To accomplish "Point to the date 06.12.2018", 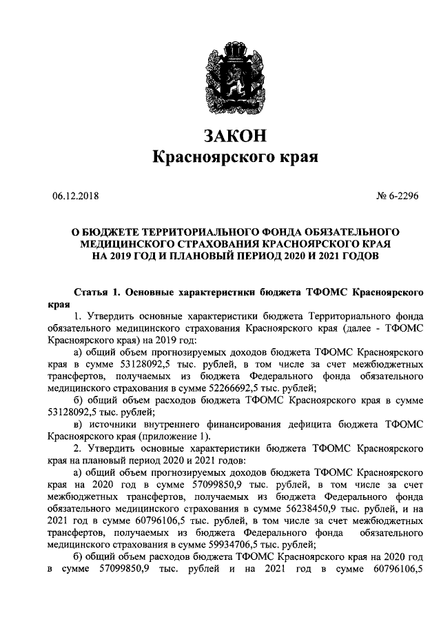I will (75, 197).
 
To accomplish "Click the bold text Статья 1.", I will (96, 292).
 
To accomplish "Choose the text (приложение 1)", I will (172, 436).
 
